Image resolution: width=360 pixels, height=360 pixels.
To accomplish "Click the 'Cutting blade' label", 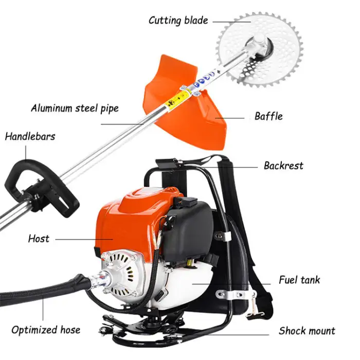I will pyautogui.click(x=178, y=21).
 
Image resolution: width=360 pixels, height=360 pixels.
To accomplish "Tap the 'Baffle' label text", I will pyautogui.click(x=268, y=116).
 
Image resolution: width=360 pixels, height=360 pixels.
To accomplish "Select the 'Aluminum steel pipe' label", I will pyautogui.click(x=75, y=109).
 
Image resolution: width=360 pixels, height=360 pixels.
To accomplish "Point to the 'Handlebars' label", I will pyautogui.click(x=30, y=137).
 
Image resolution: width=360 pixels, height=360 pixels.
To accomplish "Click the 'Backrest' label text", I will pyautogui.click(x=283, y=166).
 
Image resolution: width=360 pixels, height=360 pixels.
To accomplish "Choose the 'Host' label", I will pyautogui.click(x=39, y=239).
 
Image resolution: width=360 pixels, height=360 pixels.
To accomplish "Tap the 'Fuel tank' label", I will pyautogui.click(x=299, y=280).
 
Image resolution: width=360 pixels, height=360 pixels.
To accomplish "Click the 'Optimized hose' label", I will pyautogui.click(x=46, y=330).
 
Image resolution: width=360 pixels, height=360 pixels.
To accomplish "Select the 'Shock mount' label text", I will pyautogui.click(x=307, y=331).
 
